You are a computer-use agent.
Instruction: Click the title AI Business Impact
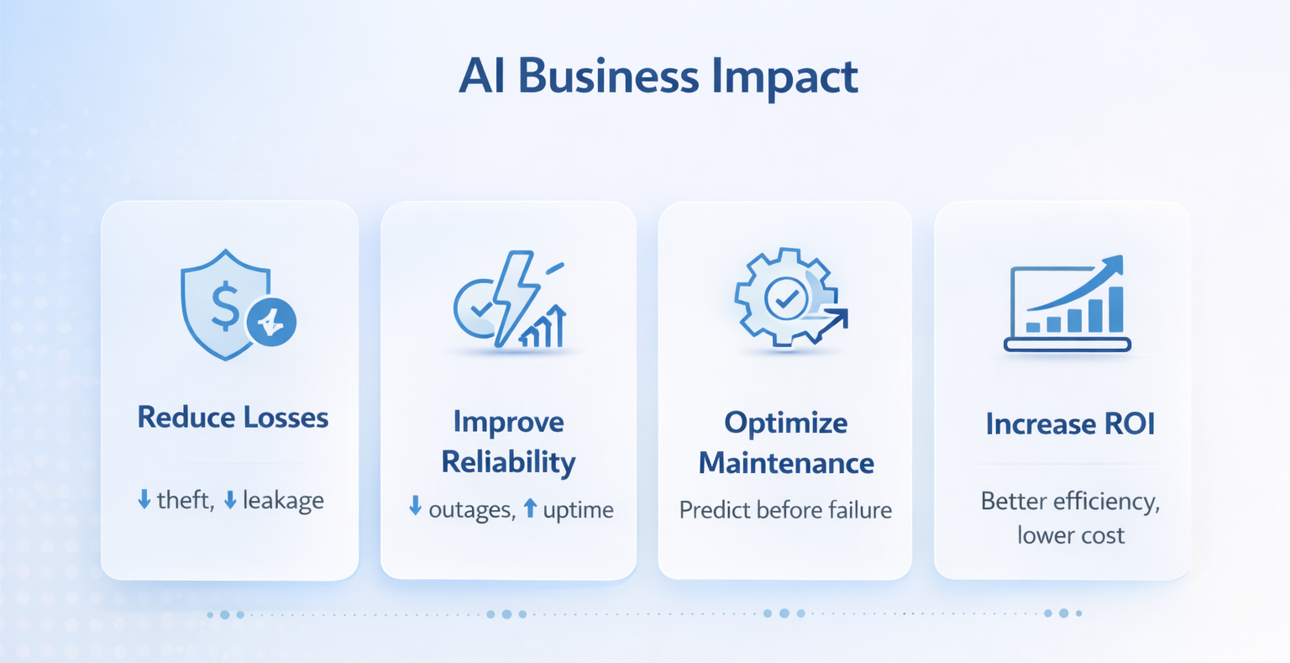[658, 77]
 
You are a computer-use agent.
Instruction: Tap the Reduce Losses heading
[233, 418]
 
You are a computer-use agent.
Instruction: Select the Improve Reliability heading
[508, 442]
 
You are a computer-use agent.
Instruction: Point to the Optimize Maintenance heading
[786, 443]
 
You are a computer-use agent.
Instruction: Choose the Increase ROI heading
[1070, 424]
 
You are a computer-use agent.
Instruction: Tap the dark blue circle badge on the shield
[271, 322]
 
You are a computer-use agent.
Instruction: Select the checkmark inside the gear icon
[786, 297]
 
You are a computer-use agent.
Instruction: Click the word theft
[185, 501]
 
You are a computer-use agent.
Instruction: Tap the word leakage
[283, 502]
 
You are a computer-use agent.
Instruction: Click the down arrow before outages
[415, 507]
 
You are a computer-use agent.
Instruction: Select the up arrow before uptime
[530, 508]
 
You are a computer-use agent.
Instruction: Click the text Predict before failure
[785, 510]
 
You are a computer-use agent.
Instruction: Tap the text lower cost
[1070, 535]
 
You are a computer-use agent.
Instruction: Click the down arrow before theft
[144, 501]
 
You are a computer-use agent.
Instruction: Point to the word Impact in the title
[784, 77]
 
